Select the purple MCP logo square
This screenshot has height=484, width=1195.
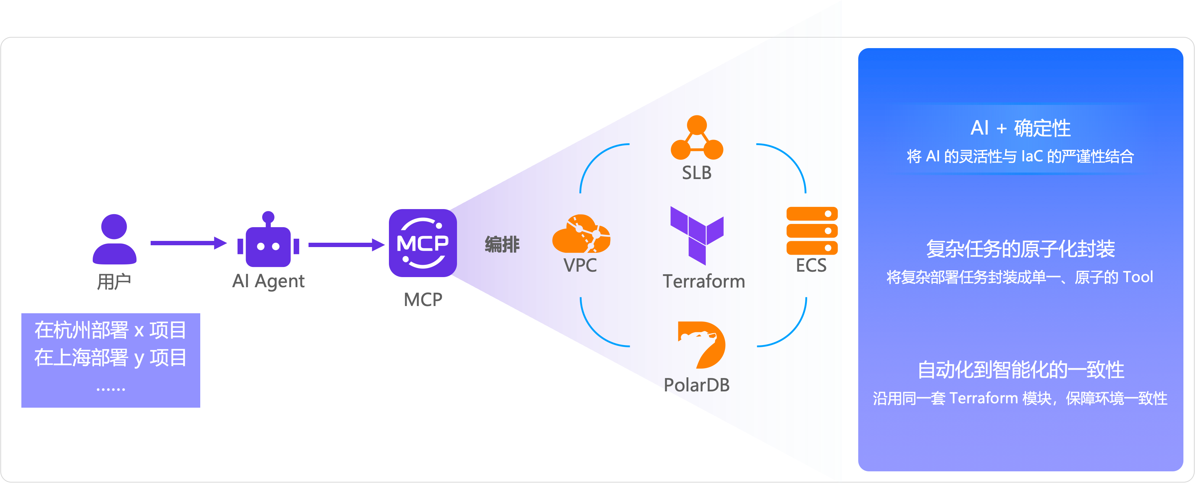pyautogui.click(x=423, y=243)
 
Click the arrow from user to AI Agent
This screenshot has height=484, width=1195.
pyautogui.click(x=188, y=243)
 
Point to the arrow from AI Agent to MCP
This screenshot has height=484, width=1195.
pyautogui.click(x=345, y=244)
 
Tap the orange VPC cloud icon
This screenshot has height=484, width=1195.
pyautogui.click(x=581, y=234)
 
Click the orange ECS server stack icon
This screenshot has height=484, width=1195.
pyautogui.click(x=812, y=230)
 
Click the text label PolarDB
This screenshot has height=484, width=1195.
pyautogui.click(x=696, y=385)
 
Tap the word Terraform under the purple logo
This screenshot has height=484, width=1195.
pyautogui.click(x=704, y=281)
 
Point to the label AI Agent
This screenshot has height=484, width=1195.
pyautogui.click(x=268, y=281)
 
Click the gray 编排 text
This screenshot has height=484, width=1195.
pyautogui.click(x=502, y=244)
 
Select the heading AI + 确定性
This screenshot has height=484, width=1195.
pyautogui.click(x=1020, y=128)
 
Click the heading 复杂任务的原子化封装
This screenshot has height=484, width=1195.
pyautogui.click(x=1020, y=249)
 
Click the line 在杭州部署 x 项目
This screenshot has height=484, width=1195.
pyautogui.click(x=110, y=330)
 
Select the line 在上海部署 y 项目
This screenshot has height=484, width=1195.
pyautogui.click(x=110, y=357)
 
